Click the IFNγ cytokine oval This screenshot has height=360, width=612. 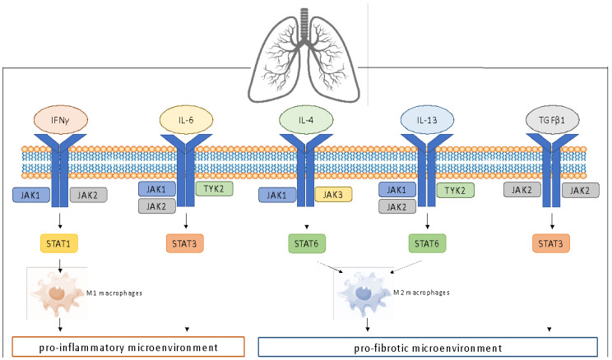click(60, 120)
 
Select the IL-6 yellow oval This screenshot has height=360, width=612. click(186, 120)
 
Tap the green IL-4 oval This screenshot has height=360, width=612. click(306, 120)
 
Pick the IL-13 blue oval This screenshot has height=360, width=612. click(427, 120)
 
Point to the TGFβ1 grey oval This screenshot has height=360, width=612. click(552, 120)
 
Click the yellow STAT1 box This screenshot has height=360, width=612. click(59, 244)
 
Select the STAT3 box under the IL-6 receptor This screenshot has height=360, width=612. click(184, 244)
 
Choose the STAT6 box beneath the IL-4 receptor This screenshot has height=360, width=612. click(307, 244)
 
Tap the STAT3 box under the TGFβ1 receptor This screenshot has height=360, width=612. click(551, 244)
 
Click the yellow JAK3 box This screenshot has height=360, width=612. click(333, 195)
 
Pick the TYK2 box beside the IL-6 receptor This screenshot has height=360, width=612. click(214, 189)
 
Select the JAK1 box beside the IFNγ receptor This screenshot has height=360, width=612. click(31, 195)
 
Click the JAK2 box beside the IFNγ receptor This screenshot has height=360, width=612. click(88, 195)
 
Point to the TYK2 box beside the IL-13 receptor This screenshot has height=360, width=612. click(456, 191)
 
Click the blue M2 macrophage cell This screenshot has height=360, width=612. click(362, 293)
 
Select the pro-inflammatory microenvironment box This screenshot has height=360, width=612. click(128, 347)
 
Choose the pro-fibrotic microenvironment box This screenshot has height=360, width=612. click(428, 347)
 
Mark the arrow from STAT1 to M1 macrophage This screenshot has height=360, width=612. click(60, 265)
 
